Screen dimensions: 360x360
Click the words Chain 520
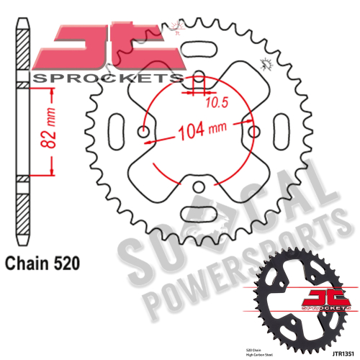click(42, 264)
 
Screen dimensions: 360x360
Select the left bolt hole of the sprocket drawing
click(144, 133)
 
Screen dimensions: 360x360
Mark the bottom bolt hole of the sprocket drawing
click(198, 186)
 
